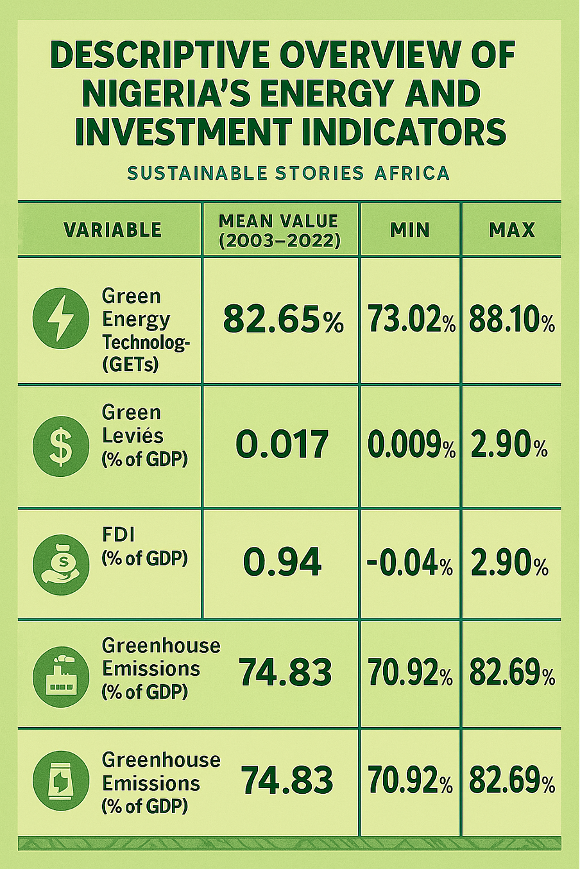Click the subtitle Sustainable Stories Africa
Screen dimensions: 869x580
coord(288,173)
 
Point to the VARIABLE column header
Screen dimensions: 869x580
coord(112,230)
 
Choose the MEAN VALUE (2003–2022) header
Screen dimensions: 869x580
coord(279,230)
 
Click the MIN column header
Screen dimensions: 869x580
coord(409,230)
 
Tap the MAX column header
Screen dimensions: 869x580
coord(511,230)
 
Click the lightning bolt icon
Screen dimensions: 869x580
coord(61,318)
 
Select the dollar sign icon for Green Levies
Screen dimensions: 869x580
coord(61,446)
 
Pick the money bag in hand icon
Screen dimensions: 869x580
coord(61,563)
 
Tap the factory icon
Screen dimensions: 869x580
coord(61,676)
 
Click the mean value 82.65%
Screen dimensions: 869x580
coord(283,320)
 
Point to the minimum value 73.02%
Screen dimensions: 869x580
coord(411,320)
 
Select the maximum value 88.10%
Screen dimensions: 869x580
coord(511,320)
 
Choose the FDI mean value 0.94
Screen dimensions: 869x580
coord(282,563)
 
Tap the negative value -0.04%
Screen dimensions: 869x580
coord(410,565)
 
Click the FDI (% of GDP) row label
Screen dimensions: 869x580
coord(144,546)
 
